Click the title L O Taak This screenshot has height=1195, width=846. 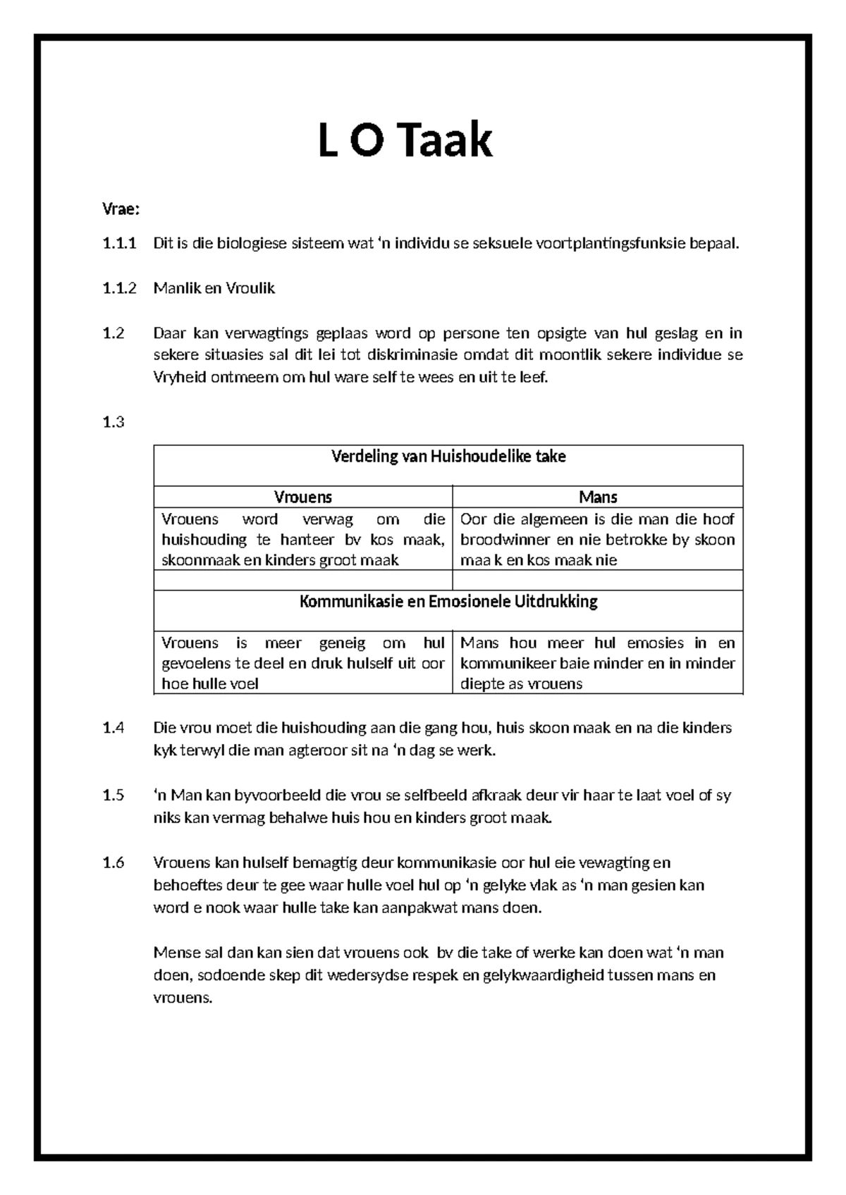click(x=405, y=140)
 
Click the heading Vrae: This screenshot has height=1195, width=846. click(x=121, y=209)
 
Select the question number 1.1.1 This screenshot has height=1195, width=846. click(x=118, y=244)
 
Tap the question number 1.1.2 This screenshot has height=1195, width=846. click(x=119, y=288)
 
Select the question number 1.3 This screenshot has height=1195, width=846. click(x=113, y=422)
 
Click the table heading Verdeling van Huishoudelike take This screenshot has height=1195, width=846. click(x=448, y=457)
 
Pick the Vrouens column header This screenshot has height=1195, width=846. click(x=302, y=497)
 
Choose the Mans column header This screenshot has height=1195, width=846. click(x=598, y=497)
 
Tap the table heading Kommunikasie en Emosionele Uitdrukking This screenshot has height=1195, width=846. click(x=448, y=602)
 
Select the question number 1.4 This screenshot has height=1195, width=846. click(x=113, y=728)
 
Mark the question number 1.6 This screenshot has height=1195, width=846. click(x=113, y=863)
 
